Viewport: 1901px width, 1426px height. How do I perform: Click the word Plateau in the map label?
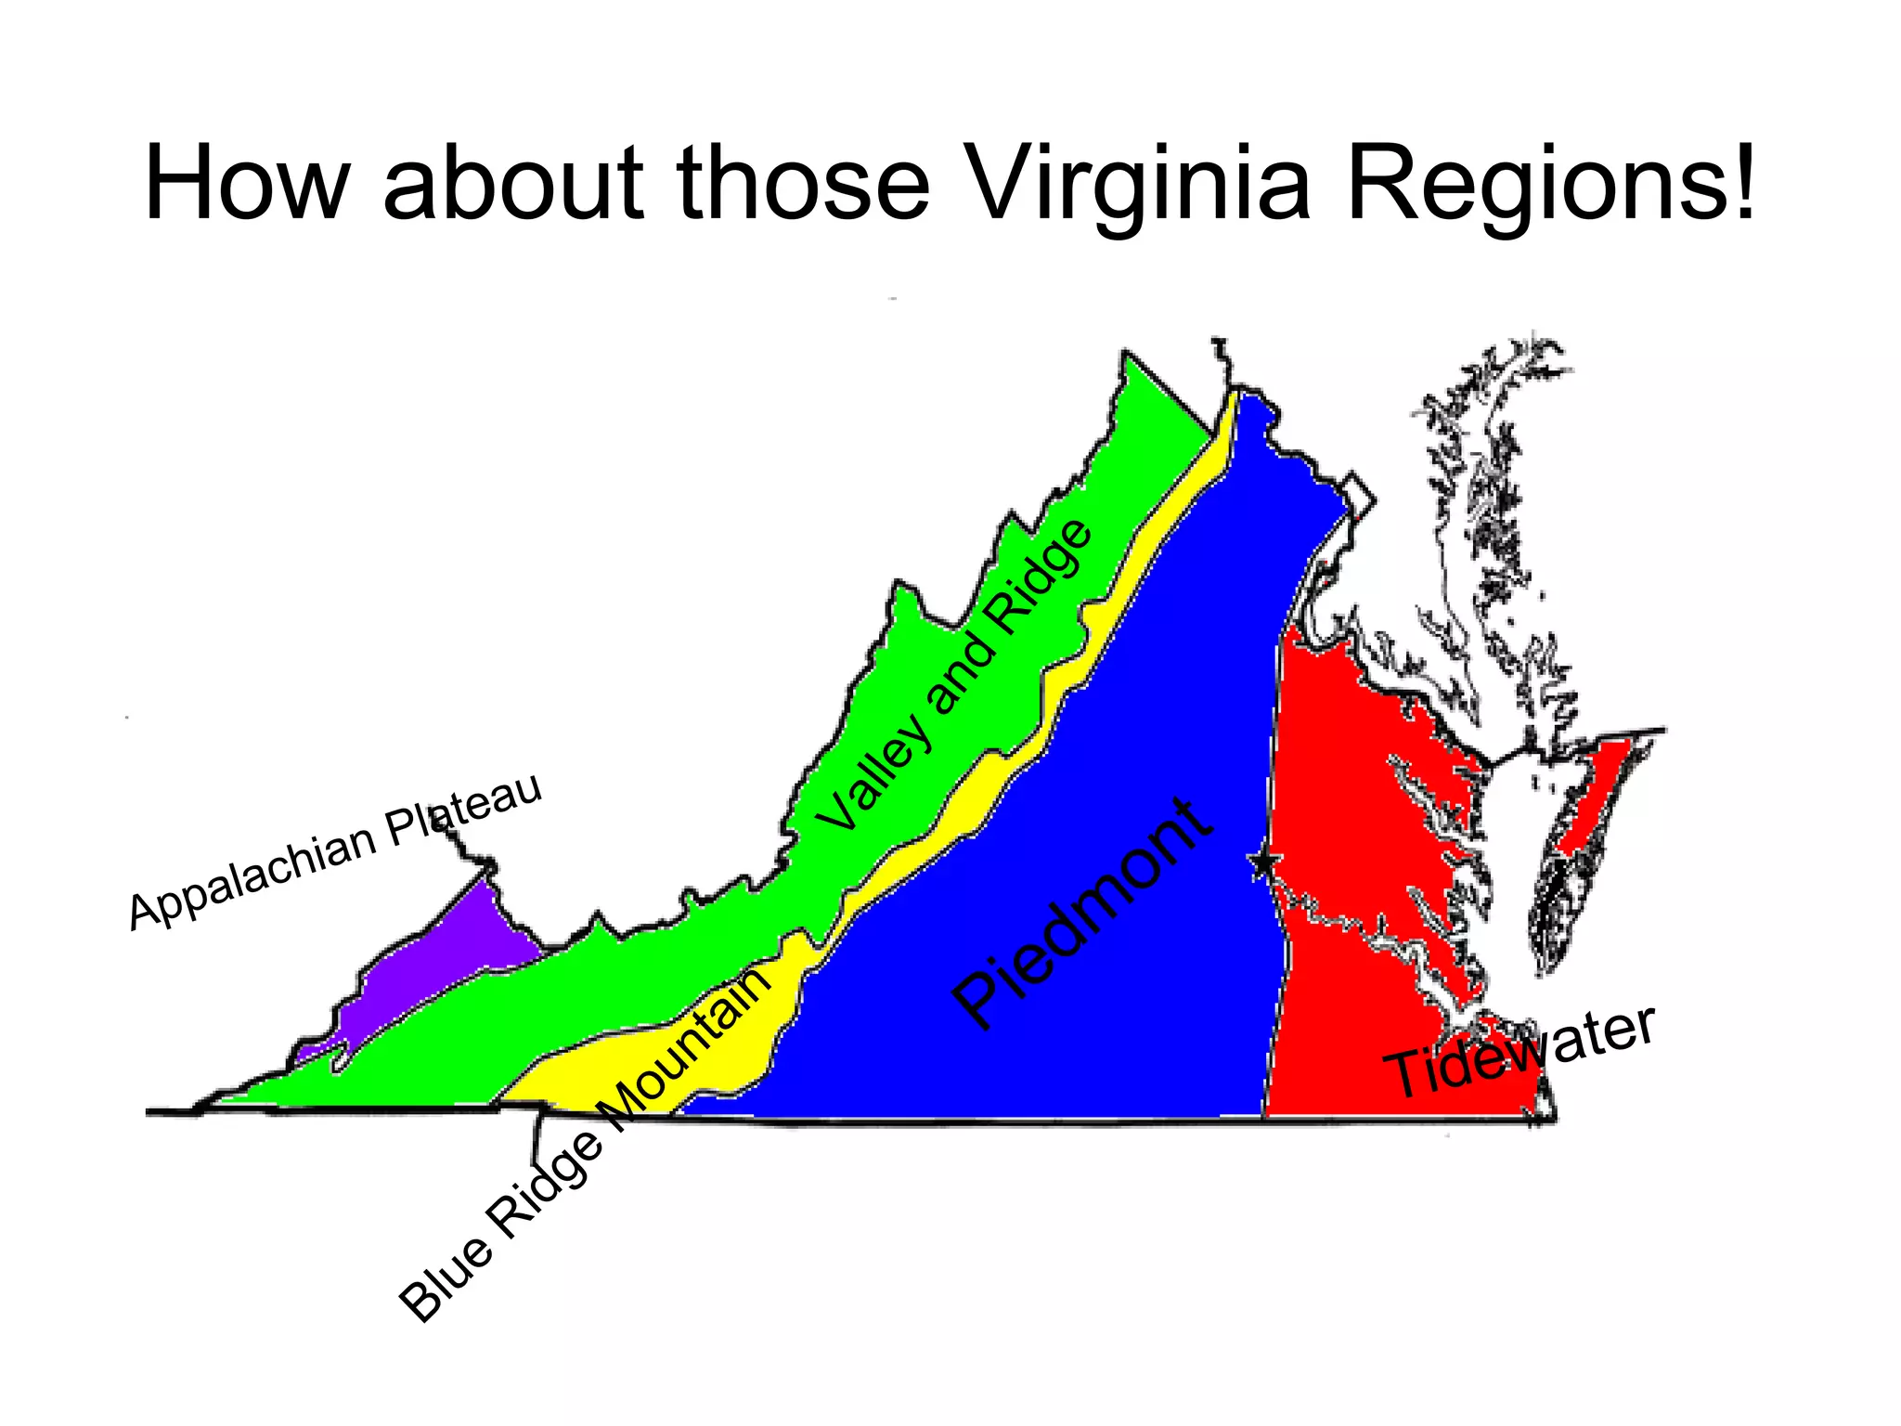click(x=464, y=810)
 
